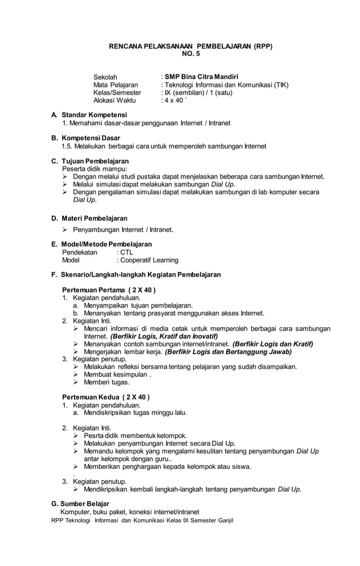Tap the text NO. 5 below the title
point(190,54)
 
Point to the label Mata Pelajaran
point(116,85)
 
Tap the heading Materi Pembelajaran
point(94,218)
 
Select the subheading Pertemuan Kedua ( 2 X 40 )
point(106,397)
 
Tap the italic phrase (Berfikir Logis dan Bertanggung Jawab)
point(228,352)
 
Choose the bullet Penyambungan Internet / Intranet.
point(123,230)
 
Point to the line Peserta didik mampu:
point(94,169)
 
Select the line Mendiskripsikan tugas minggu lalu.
point(135,413)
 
